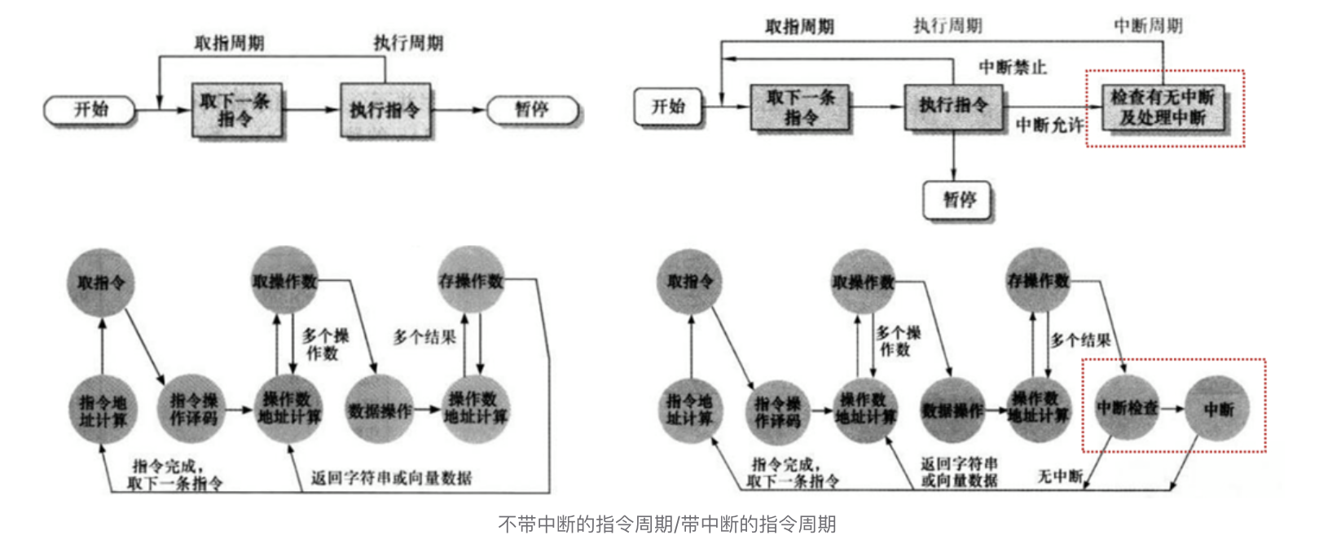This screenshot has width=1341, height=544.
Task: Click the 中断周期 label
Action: (1148, 26)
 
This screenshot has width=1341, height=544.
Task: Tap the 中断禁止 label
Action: (1013, 68)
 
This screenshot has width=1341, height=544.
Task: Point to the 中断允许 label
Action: (1049, 125)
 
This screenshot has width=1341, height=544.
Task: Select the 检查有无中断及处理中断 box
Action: (1163, 107)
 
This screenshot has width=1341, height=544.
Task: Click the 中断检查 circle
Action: (1127, 407)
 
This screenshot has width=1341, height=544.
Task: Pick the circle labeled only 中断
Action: (1218, 409)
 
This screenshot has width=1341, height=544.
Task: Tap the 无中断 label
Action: (1059, 476)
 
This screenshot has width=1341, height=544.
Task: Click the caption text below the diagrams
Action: (666, 524)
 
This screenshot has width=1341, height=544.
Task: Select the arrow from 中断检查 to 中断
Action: (1172, 408)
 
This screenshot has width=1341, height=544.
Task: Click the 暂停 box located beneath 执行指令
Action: (958, 200)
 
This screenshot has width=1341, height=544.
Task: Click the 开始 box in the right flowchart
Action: (667, 107)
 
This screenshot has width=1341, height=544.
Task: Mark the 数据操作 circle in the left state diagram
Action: (380, 410)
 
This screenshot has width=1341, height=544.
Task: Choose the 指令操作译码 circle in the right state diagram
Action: (777, 411)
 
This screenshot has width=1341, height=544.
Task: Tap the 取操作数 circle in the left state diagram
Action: (284, 281)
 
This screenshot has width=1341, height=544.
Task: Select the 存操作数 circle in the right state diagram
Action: (1038, 281)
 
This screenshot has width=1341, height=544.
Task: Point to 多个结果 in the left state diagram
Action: (424, 337)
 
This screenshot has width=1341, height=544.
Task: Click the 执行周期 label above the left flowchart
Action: (408, 42)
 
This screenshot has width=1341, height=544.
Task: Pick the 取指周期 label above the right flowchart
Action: (799, 27)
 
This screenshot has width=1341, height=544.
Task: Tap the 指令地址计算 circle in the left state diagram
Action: (103, 410)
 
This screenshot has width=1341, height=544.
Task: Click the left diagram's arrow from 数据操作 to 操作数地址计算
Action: (428, 409)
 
